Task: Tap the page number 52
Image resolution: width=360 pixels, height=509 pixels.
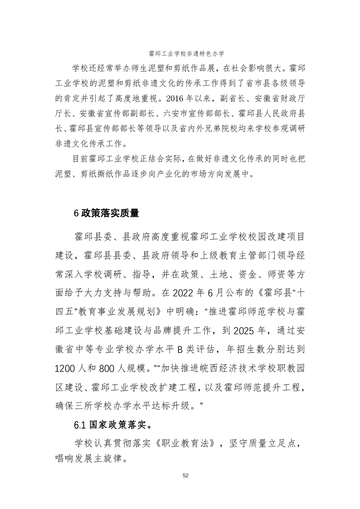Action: pyautogui.click(x=185, y=475)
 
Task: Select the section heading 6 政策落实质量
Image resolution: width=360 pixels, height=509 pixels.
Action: pyautogui.click(x=106, y=212)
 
